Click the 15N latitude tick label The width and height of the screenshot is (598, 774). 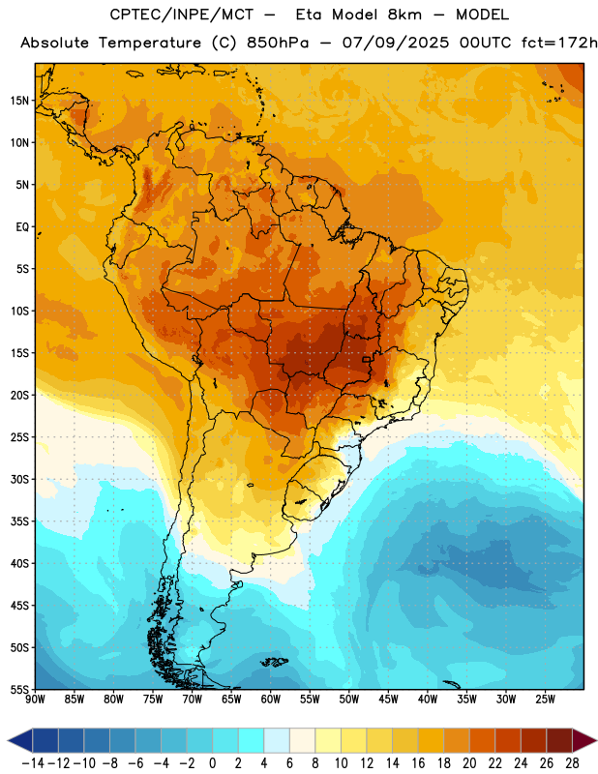[x=19, y=101]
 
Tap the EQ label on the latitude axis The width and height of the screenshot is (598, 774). [x=22, y=227]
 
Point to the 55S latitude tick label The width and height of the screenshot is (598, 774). [x=19, y=690]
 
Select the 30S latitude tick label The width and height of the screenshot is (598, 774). [x=19, y=479]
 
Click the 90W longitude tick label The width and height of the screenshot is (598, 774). [x=35, y=700]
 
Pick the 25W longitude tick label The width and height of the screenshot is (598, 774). [x=545, y=700]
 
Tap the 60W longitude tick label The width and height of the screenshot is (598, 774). [x=271, y=700]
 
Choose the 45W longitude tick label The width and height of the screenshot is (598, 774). [x=389, y=700]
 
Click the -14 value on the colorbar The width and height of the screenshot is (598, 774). [x=34, y=763]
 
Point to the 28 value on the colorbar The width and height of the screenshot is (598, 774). [x=572, y=763]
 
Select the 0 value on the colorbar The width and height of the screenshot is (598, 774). [x=213, y=763]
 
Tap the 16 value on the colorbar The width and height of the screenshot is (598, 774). [x=418, y=763]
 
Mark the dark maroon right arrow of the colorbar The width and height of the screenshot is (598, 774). [x=584, y=740]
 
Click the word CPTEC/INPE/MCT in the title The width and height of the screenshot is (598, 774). [x=182, y=15]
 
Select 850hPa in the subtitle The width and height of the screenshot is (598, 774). [x=278, y=43]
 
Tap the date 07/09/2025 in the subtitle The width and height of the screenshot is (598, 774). [x=396, y=43]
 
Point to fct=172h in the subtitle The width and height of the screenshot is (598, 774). [x=559, y=43]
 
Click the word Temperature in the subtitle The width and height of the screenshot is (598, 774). [x=150, y=44]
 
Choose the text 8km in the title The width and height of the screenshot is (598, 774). [x=404, y=15]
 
